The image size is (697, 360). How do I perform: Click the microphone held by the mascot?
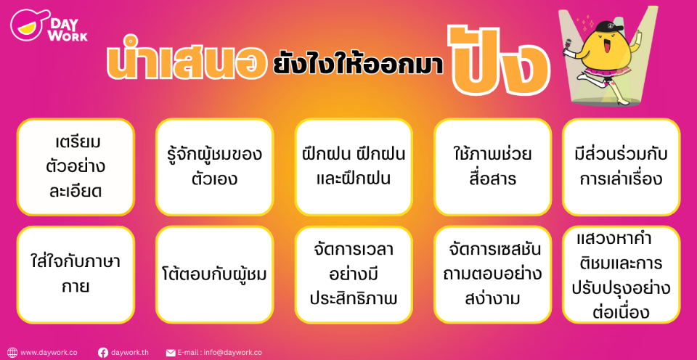click(x=568, y=46)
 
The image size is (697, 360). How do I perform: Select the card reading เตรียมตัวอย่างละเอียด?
click(x=76, y=167)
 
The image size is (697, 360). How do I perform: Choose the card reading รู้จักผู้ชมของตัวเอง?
click(x=214, y=167)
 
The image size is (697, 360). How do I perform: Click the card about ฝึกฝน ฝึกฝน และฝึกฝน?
click(x=354, y=167)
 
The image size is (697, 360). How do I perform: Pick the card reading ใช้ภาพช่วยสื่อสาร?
click(x=492, y=167)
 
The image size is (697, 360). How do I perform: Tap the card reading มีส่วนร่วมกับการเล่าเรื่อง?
click(x=621, y=167)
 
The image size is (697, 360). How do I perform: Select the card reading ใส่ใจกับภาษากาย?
click(x=76, y=274)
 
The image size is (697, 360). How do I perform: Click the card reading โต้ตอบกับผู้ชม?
click(x=214, y=274)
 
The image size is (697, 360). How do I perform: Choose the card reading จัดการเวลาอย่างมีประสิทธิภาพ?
click(x=354, y=274)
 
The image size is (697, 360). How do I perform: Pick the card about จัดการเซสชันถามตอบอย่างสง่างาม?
click(x=492, y=274)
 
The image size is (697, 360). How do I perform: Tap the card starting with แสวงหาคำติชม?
click(x=621, y=274)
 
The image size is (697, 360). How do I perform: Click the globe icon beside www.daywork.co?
click(x=12, y=353)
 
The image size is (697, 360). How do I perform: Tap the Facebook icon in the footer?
click(x=102, y=353)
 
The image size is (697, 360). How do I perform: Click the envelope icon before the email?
click(x=171, y=353)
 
